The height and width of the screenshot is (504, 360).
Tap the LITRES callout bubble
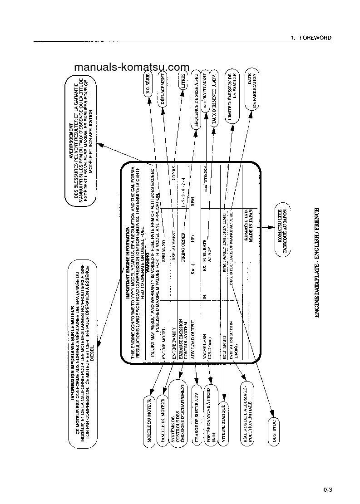pyautogui.click(x=183, y=83)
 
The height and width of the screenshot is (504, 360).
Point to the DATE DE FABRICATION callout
pyautogui.click(x=252, y=90)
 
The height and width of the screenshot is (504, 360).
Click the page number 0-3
pyautogui.click(x=328, y=489)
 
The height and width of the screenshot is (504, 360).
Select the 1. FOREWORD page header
pyautogui.click(x=311, y=38)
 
